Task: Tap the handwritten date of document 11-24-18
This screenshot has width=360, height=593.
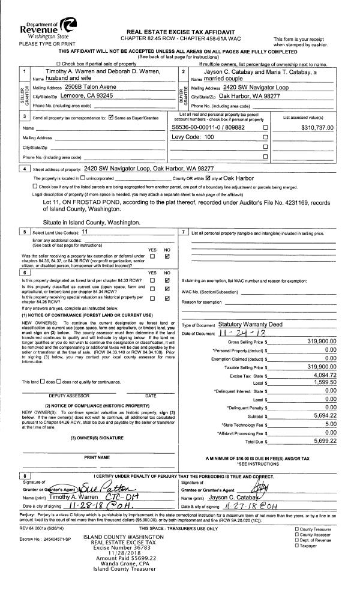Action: point(233,333)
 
